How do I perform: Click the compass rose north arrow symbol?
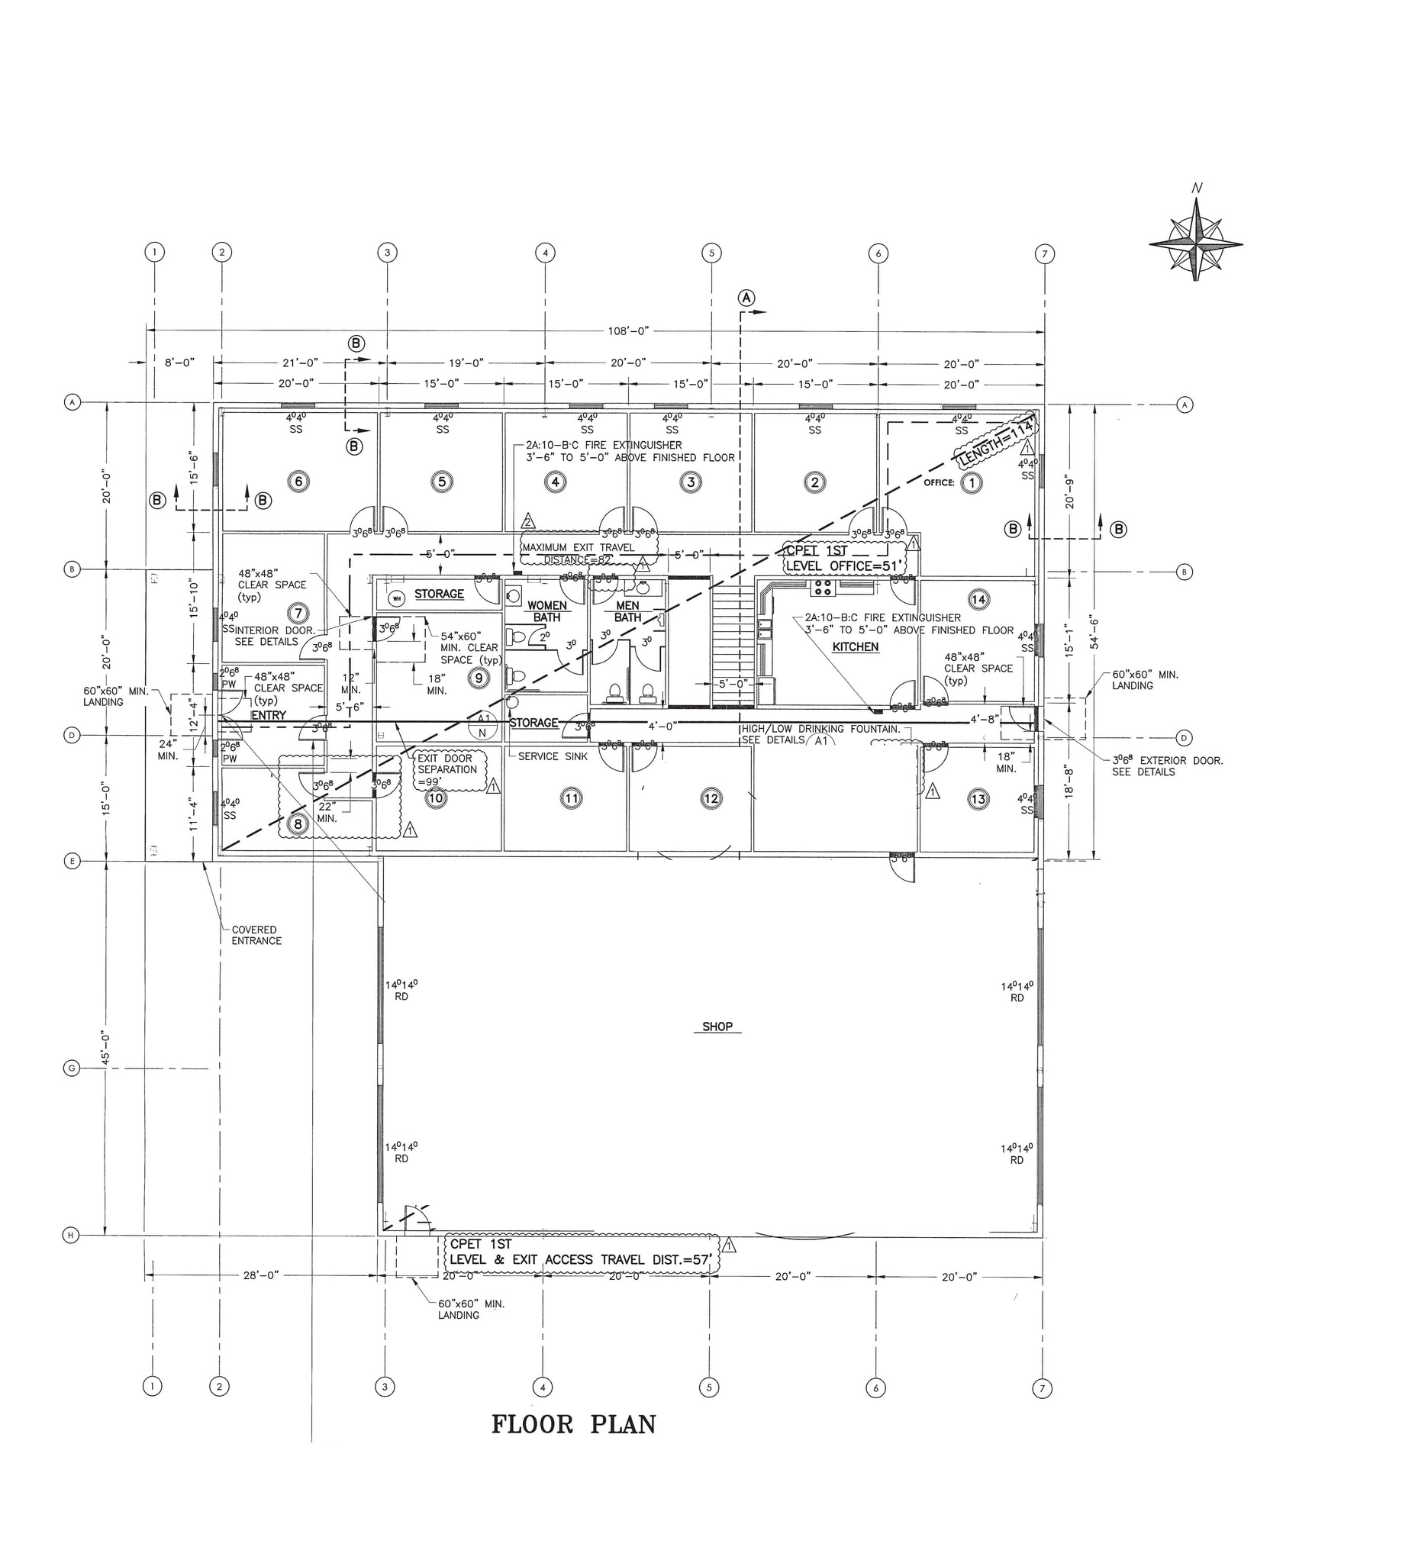(1196, 240)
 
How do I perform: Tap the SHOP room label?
(717, 1026)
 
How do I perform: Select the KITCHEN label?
(855, 646)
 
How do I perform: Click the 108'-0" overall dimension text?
(628, 331)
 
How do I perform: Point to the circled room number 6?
(298, 482)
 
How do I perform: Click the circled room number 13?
(978, 798)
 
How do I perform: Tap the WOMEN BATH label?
(546, 611)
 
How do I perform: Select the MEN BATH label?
(627, 611)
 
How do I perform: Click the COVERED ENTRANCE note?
(256, 935)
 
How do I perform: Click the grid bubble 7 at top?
(1044, 253)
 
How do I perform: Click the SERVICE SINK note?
(553, 756)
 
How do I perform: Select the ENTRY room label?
(268, 715)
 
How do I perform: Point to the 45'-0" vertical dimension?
(105, 1046)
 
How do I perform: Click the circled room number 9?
(479, 678)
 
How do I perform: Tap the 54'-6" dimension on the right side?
(1094, 632)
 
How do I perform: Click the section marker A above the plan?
(746, 298)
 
